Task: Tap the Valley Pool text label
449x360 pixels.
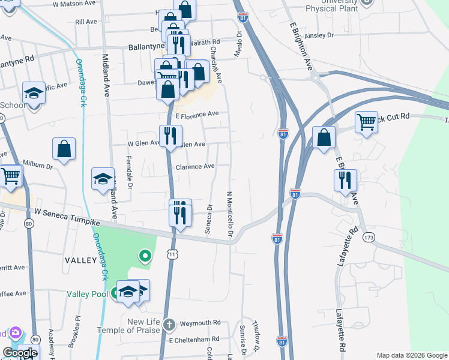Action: coord(87,293)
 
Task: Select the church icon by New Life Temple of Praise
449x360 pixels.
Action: coord(170,325)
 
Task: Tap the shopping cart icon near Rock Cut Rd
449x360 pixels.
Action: coord(366,122)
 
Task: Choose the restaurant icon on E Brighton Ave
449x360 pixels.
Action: coord(345,179)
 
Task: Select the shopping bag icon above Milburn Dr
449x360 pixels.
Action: coord(64,149)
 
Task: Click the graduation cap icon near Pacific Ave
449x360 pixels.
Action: coord(34,93)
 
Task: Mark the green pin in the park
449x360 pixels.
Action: coord(144,256)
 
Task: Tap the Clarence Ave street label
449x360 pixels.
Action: coord(194,166)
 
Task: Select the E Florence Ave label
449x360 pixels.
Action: coord(196,113)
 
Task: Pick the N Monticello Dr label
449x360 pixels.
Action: coord(229,214)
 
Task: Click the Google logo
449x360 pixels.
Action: coord(20,353)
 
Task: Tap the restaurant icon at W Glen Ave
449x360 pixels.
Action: coord(170,135)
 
